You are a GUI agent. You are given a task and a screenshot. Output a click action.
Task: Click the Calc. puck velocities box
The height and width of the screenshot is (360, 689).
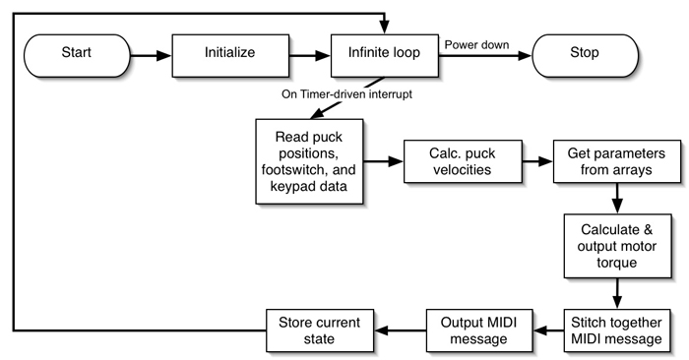click(x=461, y=160)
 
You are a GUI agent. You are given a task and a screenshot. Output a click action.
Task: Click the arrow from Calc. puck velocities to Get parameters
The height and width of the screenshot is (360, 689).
click(x=533, y=160)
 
